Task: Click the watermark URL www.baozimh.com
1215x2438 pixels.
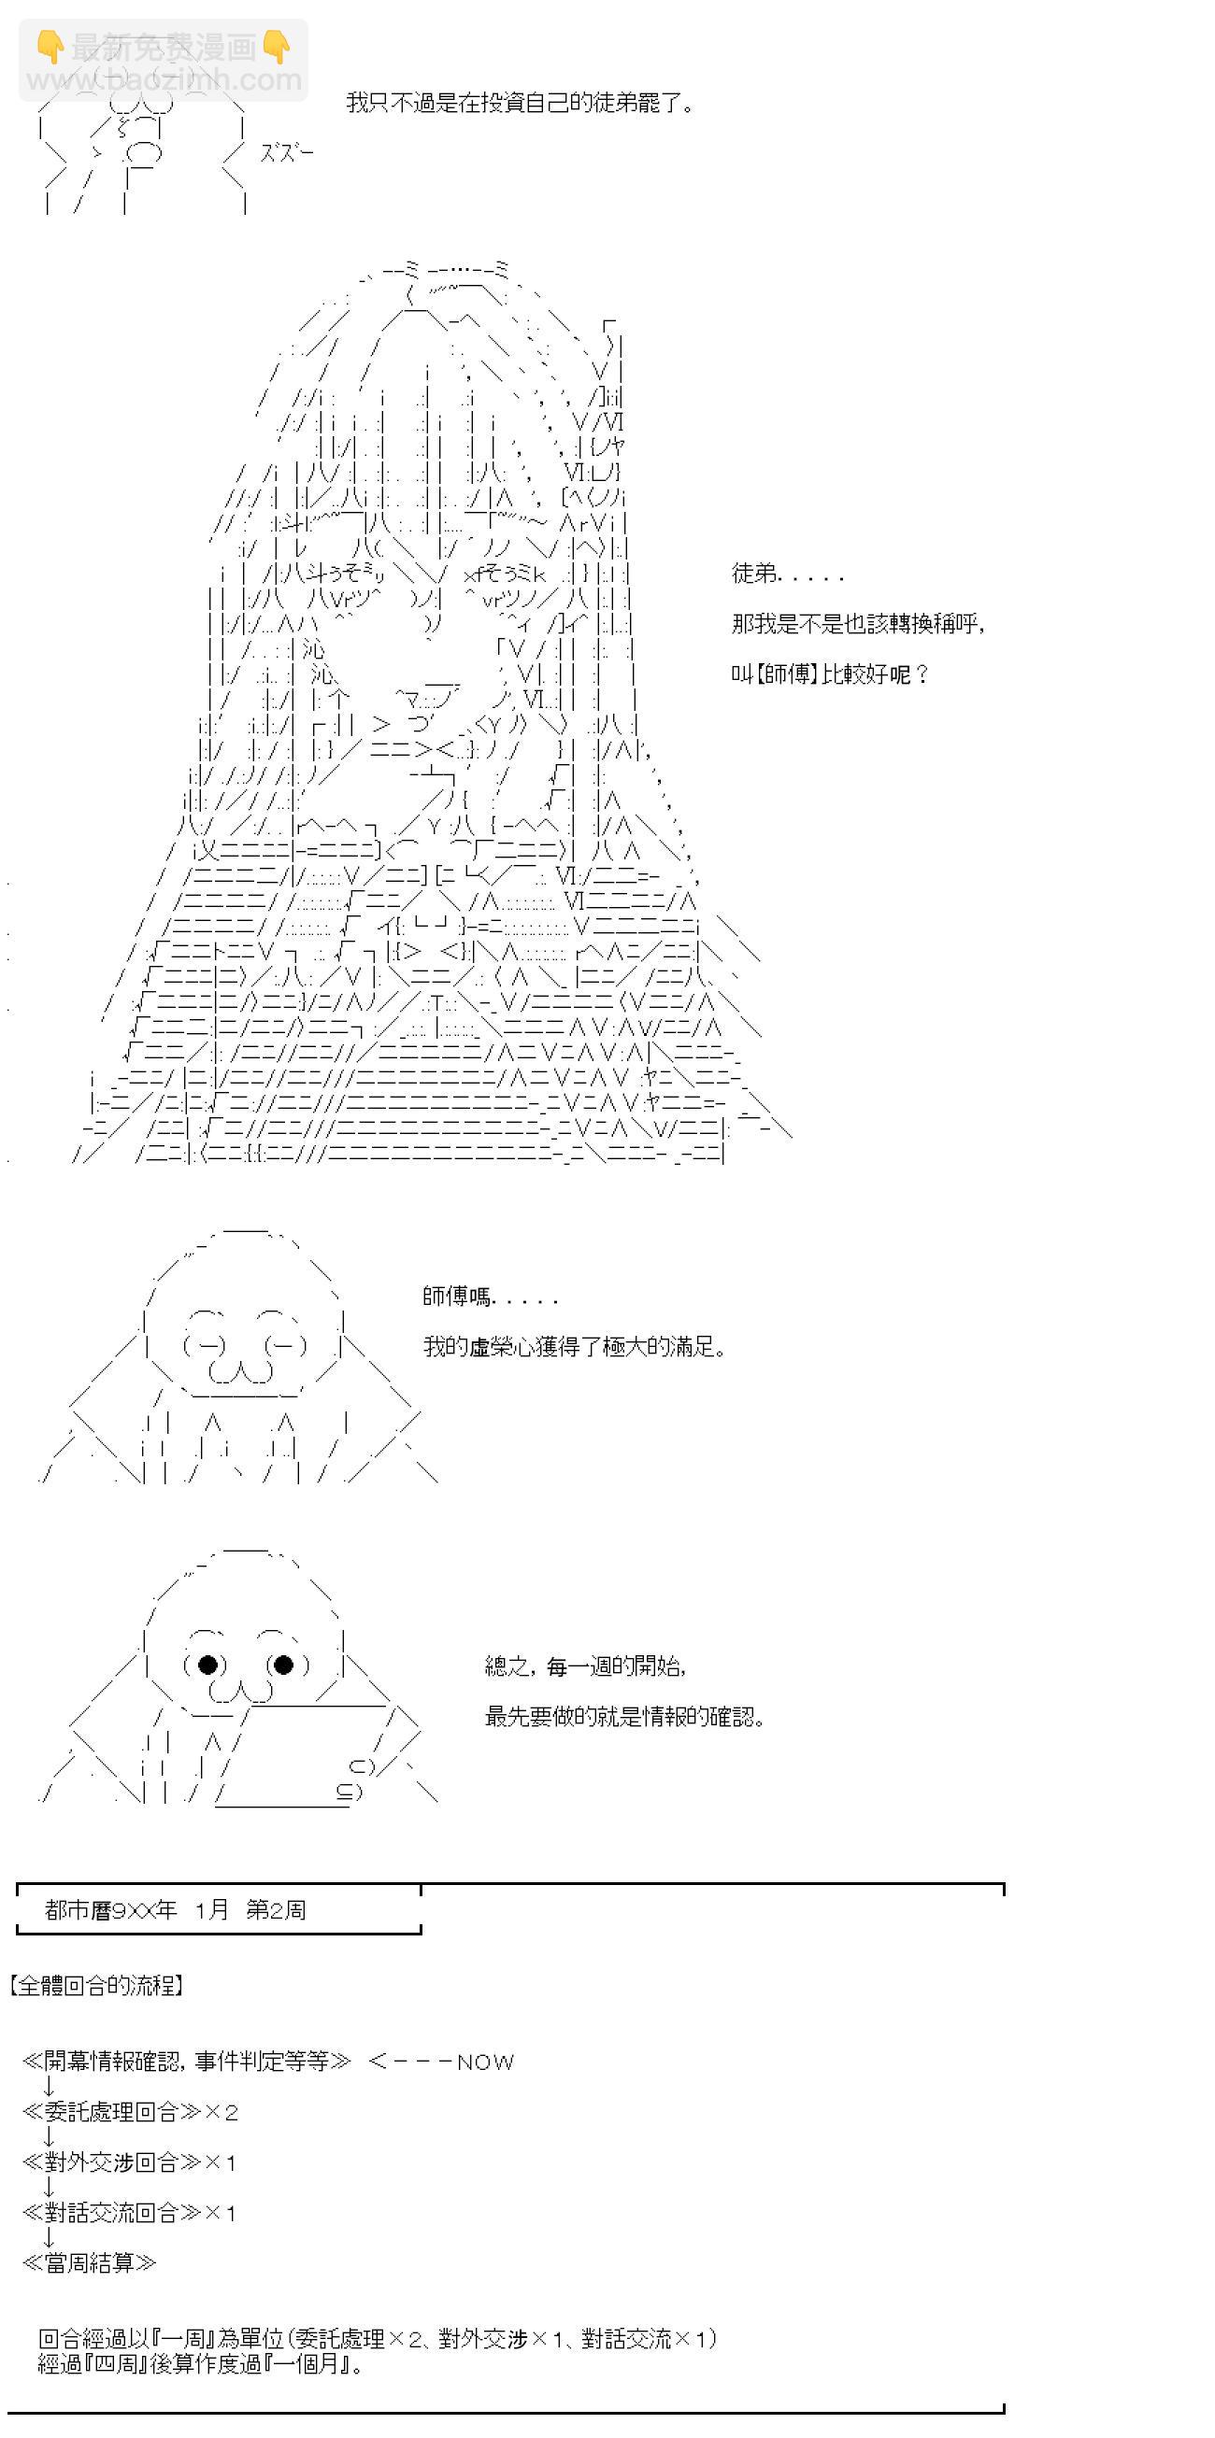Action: [x=164, y=79]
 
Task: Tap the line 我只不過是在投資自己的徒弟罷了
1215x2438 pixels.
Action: [x=520, y=102]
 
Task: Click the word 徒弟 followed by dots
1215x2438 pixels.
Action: [x=787, y=573]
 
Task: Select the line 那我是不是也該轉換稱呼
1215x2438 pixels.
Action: [x=858, y=624]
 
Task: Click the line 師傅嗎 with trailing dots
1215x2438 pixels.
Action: [x=490, y=1297]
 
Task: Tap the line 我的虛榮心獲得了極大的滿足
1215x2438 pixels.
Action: [x=574, y=1346]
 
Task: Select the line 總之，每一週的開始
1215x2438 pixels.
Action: [x=585, y=1665]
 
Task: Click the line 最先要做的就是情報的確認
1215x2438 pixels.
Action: [x=624, y=1716]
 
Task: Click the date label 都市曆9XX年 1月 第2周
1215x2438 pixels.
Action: [x=175, y=1910]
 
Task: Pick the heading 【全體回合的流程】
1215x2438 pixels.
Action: [x=95, y=1985]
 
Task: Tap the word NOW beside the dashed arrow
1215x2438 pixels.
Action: [x=485, y=2062]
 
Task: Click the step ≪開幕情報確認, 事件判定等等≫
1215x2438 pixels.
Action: [x=187, y=2062]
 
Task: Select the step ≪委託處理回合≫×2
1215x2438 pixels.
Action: [x=131, y=2111]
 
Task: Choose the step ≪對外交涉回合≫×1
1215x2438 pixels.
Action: [x=130, y=2162]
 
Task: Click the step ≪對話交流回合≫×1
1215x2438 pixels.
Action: [x=130, y=2213]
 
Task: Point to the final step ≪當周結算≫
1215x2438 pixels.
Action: [x=90, y=2263]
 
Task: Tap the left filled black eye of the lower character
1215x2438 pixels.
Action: [x=208, y=1665]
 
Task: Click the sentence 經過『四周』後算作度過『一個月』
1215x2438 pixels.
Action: [x=201, y=2364]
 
